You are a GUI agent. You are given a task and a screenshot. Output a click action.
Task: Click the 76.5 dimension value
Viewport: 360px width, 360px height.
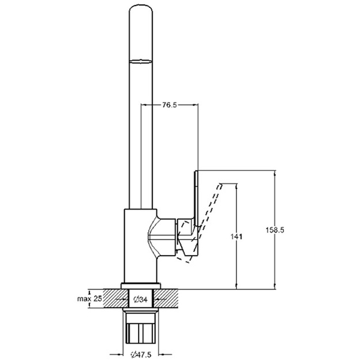pos(170,105)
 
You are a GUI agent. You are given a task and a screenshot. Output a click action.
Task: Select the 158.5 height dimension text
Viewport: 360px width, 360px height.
pos(275,230)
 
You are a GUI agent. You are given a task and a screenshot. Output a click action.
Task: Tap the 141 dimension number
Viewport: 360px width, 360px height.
pos(236,236)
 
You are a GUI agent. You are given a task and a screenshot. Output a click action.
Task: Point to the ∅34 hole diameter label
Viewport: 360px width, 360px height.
pos(140,299)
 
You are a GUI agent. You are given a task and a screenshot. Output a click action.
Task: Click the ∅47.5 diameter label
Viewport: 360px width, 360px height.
pos(140,355)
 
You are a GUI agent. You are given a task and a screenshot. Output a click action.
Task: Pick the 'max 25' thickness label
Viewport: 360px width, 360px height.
pos(89,299)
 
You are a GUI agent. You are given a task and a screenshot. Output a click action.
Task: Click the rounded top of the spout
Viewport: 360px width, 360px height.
pos(141,9)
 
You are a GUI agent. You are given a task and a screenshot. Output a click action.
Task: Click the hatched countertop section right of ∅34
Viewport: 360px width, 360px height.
pos(166,298)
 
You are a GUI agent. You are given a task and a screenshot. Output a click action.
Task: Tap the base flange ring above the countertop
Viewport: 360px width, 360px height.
pos(141,286)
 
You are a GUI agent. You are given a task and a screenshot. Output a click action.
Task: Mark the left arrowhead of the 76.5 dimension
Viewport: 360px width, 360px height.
pos(143,105)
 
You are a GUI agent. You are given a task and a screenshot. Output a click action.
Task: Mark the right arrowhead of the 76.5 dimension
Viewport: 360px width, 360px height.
pos(196,105)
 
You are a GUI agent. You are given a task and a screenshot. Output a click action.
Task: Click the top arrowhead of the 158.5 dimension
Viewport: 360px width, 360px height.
pos(275,173)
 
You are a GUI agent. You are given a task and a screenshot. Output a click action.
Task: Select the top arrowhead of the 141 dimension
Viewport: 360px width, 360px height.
pos(236,186)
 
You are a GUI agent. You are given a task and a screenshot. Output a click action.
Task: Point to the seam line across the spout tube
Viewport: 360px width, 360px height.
pos(141,61)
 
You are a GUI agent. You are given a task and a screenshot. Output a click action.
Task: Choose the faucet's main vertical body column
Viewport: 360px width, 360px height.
pos(141,245)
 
